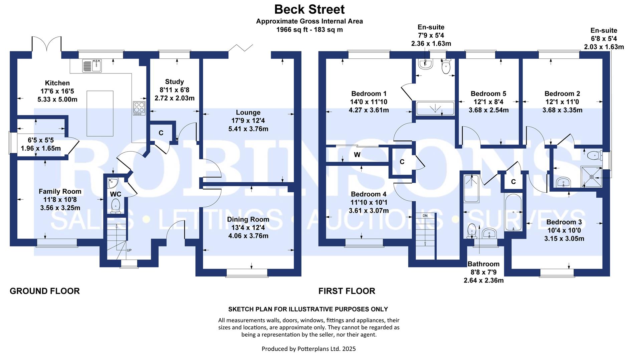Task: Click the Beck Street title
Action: [309, 9]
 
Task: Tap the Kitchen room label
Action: [57, 83]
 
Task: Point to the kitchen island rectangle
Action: [100, 114]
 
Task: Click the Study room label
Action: [174, 82]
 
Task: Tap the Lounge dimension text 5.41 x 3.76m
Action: [248, 129]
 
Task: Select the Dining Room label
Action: [248, 219]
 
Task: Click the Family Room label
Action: [60, 191]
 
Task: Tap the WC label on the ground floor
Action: [116, 194]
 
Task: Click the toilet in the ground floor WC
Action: [116, 206]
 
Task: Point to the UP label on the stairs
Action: [129, 250]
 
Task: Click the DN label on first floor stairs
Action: [425, 216]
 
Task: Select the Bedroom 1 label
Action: [369, 94]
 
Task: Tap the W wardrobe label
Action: [357, 155]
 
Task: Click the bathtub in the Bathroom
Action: [513, 213]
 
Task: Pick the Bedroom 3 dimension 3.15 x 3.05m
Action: [564, 239]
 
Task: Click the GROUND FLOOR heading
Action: [45, 291]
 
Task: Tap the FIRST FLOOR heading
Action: [347, 291]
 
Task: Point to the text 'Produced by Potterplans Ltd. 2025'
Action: [309, 349]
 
